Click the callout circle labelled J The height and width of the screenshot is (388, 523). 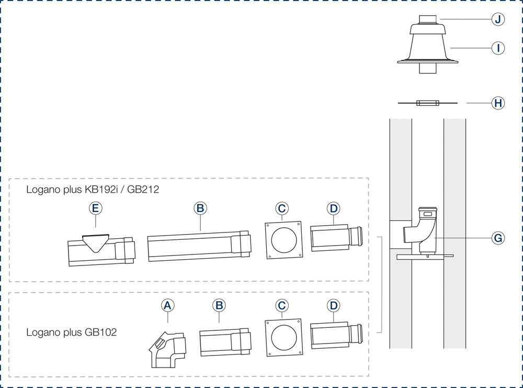(x=498, y=19)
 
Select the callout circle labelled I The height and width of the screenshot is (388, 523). (x=498, y=48)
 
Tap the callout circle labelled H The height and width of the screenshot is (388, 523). (x=498, y=103)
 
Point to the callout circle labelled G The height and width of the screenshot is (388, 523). (x=498, y=238)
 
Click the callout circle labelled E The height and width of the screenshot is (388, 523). (x=95, y=208)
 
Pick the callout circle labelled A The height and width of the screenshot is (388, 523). (x=167, y=305)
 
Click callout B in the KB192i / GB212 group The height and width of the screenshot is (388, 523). (x=200, y=208)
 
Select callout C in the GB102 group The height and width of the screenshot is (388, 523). (x=282, y=305)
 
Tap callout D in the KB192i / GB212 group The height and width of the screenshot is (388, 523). (x=333, y=208)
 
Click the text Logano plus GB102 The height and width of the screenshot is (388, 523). (x=72, y=332)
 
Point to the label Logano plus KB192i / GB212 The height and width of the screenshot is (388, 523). (x=93, y=190)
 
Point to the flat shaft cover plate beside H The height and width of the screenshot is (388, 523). (x=427, y=103)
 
